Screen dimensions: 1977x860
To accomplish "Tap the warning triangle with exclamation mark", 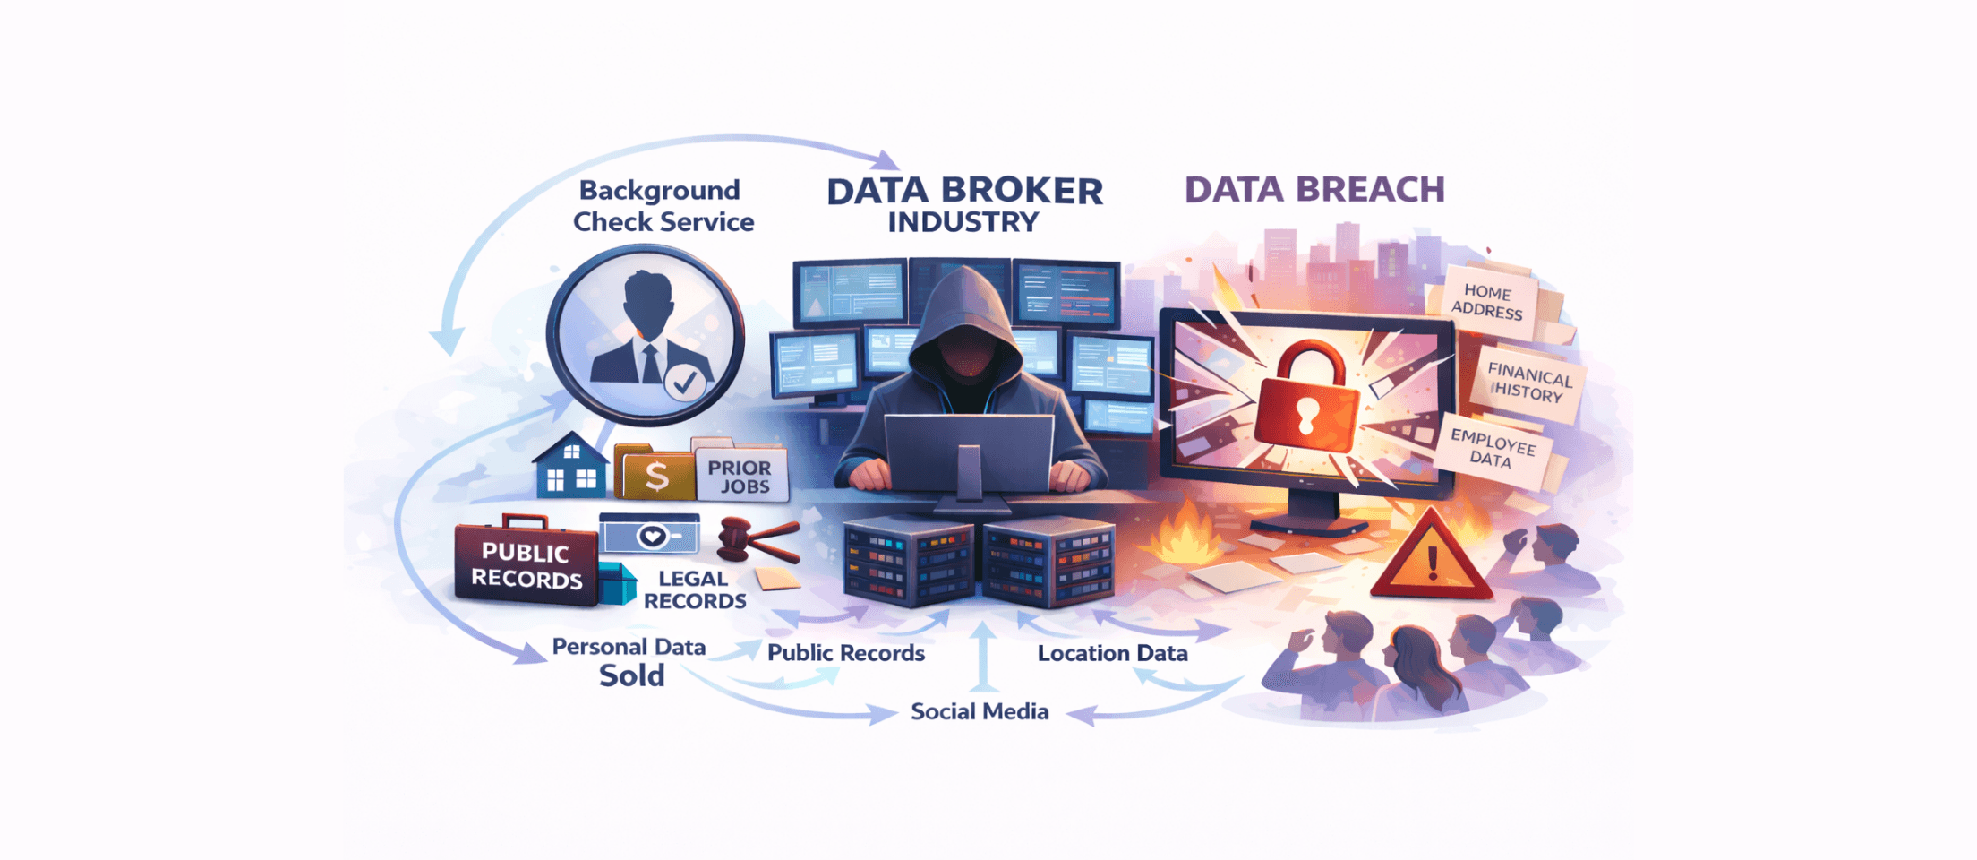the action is (x=1431, y=555).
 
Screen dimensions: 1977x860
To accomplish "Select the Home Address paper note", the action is (x=1487, y=301).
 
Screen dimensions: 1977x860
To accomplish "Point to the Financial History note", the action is (x=1529, y=381).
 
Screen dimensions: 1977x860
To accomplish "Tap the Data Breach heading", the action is (x=1314, y=189).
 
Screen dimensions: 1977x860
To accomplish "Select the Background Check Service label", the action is (x=663, y=206).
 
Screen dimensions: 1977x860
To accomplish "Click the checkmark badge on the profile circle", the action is (x=685, y=383).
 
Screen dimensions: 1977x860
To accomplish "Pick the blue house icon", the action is (x=570, y=466).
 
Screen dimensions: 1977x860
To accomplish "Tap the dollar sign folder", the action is (x=656, y=474).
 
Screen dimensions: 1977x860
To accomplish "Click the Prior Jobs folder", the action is (x=740, y=470).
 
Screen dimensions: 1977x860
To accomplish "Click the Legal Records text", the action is (x=695, y=590).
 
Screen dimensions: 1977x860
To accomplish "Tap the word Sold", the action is (x=632, y=675).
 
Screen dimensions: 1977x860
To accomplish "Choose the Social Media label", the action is (x=980, y=711).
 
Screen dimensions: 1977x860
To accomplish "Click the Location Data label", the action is (x=1113, y=653).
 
